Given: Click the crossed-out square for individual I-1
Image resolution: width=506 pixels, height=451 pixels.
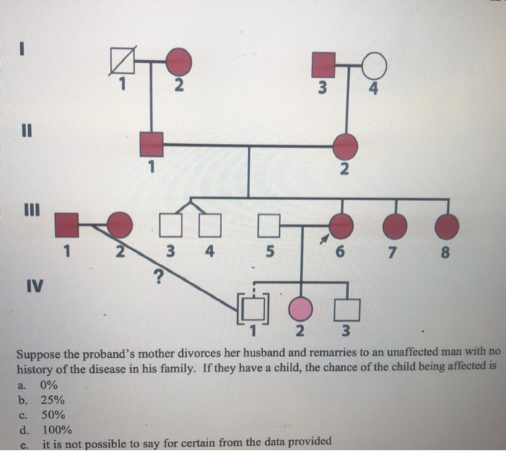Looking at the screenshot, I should pos(124,61).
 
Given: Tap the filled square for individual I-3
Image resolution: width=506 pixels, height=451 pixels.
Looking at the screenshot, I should pos(324,64).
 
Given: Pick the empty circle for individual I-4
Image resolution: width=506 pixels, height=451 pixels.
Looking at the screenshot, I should pos(374,66).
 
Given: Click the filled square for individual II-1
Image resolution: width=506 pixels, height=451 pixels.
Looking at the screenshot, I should pos(152,145).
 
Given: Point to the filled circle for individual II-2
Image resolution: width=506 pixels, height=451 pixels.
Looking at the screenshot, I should pos(346,147).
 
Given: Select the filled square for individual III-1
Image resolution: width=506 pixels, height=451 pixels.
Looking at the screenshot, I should pos(68,225).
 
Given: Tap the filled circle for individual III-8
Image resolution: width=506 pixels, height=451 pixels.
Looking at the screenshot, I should pos(447,227).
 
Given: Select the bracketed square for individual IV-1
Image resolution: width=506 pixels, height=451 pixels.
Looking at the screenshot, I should pos(253,309).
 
